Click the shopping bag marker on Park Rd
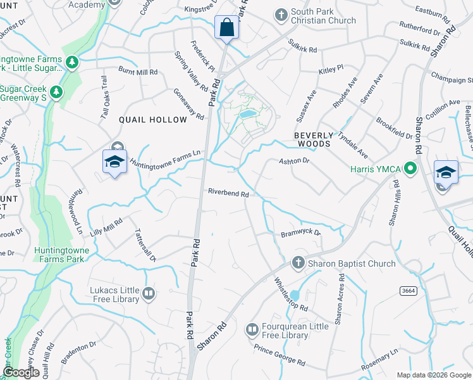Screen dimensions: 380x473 (x=226, y=28)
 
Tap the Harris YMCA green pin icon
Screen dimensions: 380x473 (x=410, y=168)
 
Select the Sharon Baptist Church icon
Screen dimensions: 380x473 (x=298, y=262)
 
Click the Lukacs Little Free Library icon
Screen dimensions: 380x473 (x=148, y=293)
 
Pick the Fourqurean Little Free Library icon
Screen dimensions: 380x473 (x=252, y=329)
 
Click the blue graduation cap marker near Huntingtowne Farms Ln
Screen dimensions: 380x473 (x=114, y=162)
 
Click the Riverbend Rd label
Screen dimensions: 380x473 (x=228, y=194)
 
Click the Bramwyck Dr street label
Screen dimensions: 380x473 (x=301, y=234)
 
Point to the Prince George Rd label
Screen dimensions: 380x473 (x=279, y=355)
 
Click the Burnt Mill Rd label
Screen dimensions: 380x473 (x=138, y=72)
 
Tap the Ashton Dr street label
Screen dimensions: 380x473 (x=294, y=161)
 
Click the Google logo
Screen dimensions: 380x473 (x=20, y=372)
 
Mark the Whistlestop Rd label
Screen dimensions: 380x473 (x=291, y=294)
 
